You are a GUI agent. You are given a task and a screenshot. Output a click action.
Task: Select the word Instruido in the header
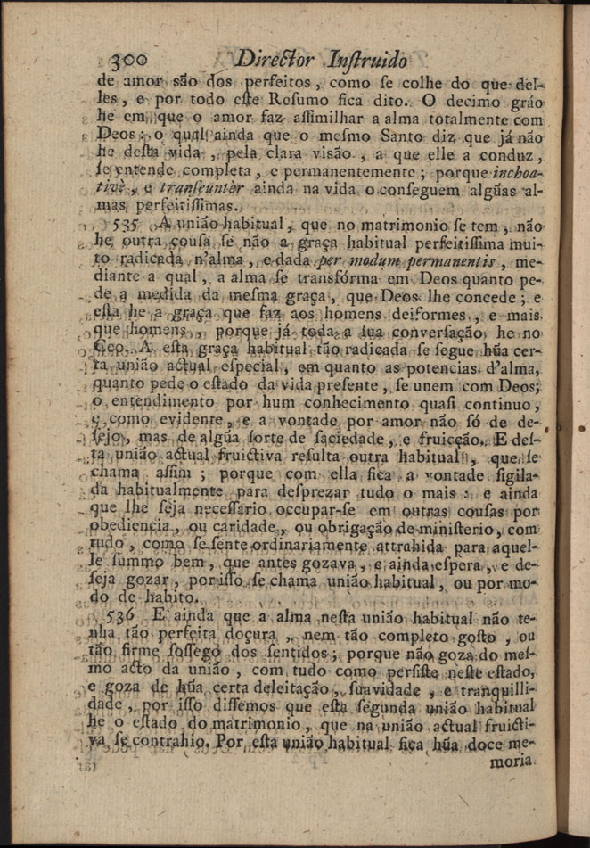point(367,62)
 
